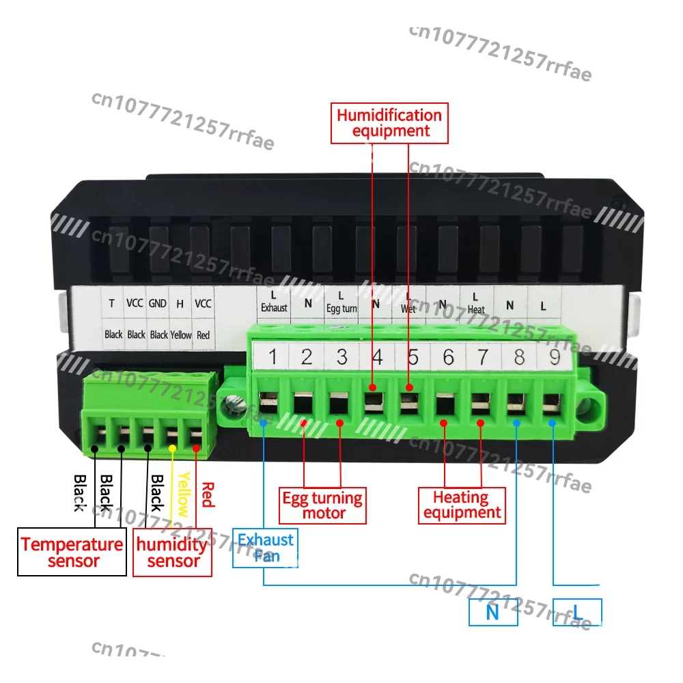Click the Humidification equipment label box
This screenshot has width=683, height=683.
389,123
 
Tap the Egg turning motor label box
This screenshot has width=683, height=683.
324,505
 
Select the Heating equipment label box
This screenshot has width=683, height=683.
462,505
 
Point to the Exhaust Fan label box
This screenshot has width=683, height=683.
266,548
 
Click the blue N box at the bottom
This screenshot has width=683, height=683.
492,612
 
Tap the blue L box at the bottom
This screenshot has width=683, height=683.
577,612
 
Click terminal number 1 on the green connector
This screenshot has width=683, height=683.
272,357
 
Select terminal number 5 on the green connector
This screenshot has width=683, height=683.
413,357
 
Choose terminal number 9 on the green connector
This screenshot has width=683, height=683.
552,357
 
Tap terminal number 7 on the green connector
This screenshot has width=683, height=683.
482,357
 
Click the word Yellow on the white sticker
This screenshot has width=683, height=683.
181,335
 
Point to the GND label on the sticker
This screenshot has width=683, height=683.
158,303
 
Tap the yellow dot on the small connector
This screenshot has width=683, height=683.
173,448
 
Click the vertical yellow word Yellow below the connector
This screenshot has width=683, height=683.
183,493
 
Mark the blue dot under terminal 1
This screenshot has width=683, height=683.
264,423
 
